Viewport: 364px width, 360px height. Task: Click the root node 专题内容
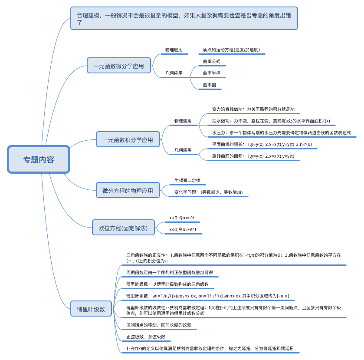point(39,159)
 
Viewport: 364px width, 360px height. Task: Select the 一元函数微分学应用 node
point(118,66)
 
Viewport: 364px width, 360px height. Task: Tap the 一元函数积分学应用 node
point(128,140)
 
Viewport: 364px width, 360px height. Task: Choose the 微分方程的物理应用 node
point(128,190)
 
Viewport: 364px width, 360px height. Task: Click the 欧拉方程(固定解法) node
point(123,228)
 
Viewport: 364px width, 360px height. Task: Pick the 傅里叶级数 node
point(91,309)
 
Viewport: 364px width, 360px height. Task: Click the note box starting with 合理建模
point(184,18)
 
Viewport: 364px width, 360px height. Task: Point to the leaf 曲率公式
point(212,62)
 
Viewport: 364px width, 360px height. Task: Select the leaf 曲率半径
point(212,73)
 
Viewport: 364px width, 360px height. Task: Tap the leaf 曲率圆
point(210,85)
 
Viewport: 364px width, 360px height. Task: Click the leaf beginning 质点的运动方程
point(231,50)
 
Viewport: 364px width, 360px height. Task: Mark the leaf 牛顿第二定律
point(187,180)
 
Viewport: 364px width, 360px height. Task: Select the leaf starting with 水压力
point(281,132)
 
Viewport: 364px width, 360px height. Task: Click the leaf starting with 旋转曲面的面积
point(253,156)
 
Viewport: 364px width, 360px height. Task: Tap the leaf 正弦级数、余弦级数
point(145,337)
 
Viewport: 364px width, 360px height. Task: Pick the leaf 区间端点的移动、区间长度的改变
point(158,325)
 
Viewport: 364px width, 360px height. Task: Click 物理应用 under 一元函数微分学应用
point(174,50)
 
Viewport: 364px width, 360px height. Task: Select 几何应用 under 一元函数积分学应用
point(183,150)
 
